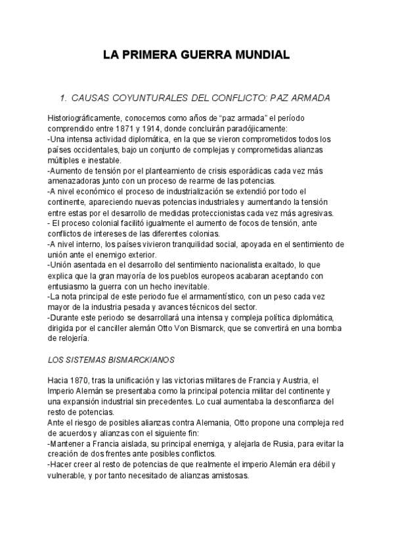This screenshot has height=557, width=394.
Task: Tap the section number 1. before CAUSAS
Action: click(x=64, y=98)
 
